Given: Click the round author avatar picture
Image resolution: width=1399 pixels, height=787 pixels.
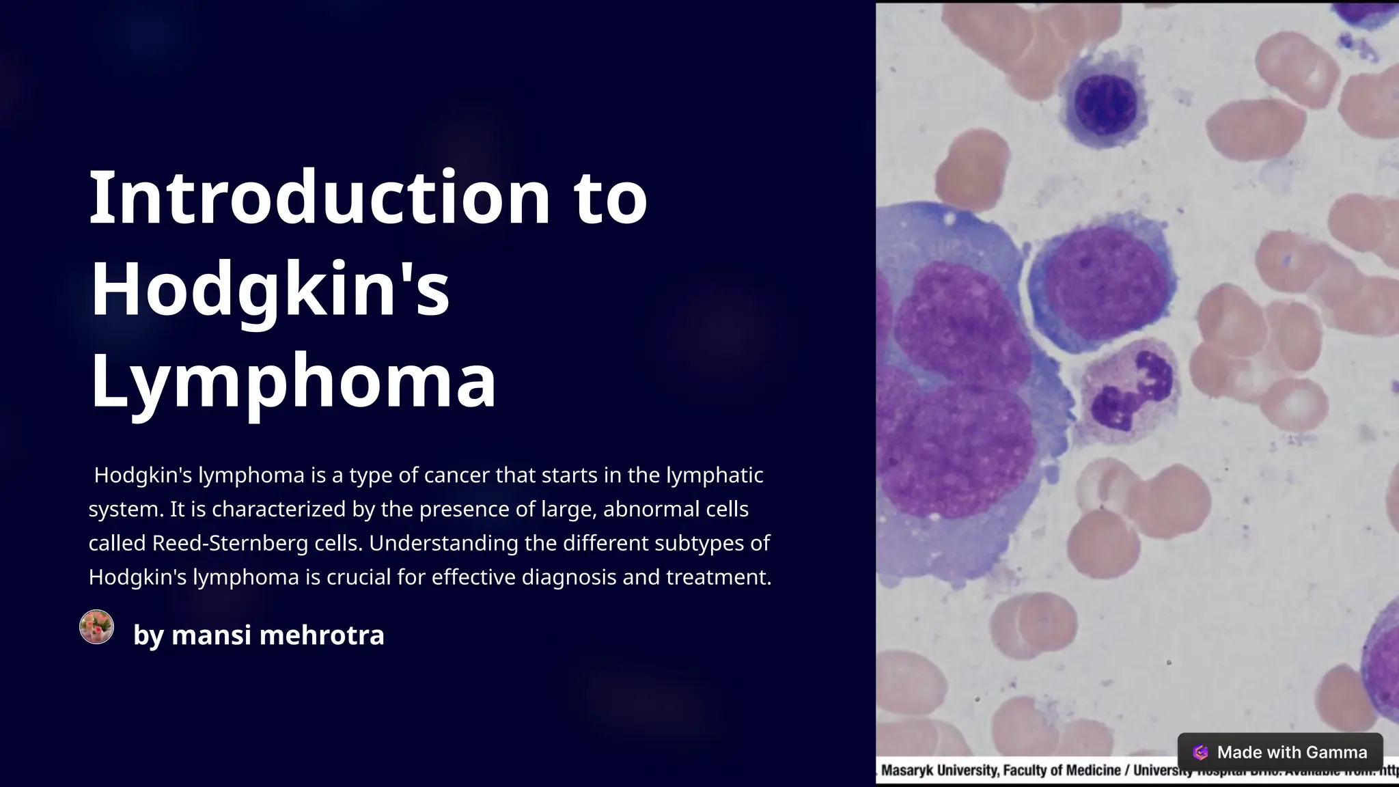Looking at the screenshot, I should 96,627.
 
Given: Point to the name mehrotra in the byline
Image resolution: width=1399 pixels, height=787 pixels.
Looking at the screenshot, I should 322,635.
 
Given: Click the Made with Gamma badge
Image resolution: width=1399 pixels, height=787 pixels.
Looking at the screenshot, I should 1279,752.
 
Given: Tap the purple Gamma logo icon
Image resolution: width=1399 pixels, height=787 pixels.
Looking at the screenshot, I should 1200,752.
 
